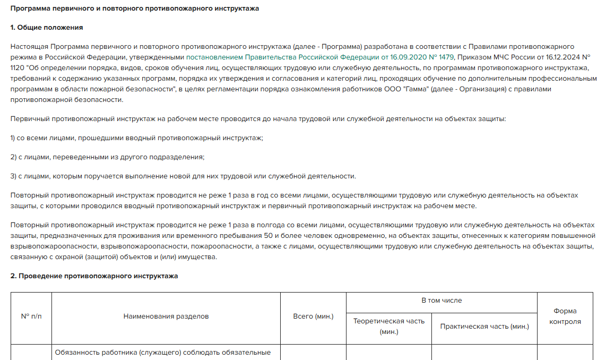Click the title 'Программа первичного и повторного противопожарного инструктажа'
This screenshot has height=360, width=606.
click(135, 9)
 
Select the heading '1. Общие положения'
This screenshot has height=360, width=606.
click(47, 27)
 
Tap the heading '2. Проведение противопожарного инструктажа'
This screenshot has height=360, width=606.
click(94, 276)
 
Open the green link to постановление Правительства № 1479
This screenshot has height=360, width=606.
click(320, 57)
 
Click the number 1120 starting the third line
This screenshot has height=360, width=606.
click(18, 67)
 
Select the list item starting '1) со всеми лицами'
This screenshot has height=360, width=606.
click(136, 138)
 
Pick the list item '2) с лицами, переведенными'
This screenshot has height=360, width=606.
click(107, 157)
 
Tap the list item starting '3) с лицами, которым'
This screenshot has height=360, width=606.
click(183, 176)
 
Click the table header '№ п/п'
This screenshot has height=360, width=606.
click(31, 316)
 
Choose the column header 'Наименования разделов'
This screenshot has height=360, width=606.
click(166, 316)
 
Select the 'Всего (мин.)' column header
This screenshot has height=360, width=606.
click(313, 316)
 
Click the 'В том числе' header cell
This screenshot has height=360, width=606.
click(441, 301)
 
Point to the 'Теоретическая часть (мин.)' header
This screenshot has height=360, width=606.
click(389, 327)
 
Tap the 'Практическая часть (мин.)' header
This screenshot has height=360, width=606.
click(484, 327)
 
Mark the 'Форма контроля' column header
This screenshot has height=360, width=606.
click(565, 316)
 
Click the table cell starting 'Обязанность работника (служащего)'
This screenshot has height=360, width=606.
click(162, 353)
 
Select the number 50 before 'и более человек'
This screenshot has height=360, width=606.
click(268, 236)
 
